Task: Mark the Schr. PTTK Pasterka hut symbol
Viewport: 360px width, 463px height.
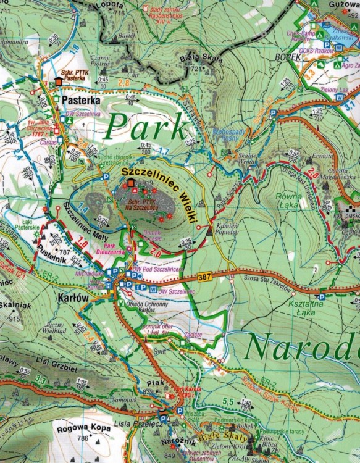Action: pyautogui.click(x=59, y=81)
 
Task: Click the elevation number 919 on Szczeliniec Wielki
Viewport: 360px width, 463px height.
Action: pyautogui.click(x=146, y=183)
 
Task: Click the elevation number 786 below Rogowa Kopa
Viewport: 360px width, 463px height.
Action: pyautogui.click(x=83, y=438)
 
